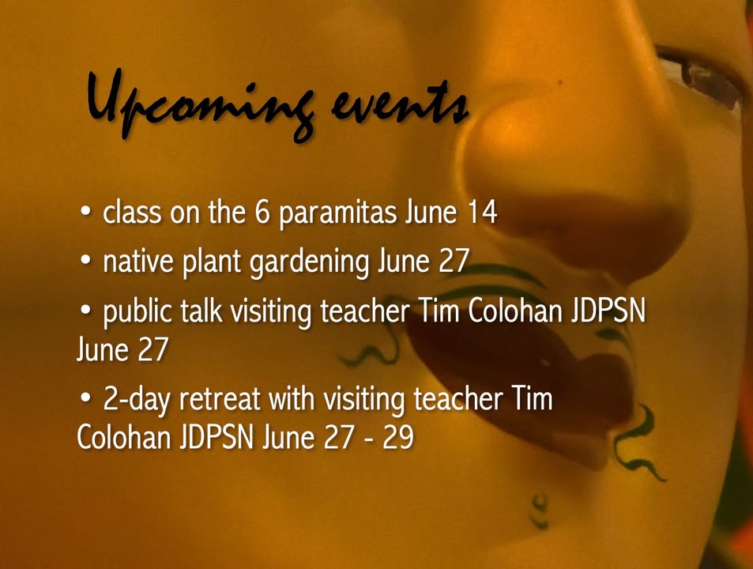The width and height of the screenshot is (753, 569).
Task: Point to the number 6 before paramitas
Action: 262,212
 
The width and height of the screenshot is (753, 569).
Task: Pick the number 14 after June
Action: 482,212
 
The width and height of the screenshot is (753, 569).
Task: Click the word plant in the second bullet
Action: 211,262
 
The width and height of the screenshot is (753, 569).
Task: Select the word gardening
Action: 309,263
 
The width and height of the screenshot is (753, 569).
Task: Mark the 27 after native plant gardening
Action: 454,261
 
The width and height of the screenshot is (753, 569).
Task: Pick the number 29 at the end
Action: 398,438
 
